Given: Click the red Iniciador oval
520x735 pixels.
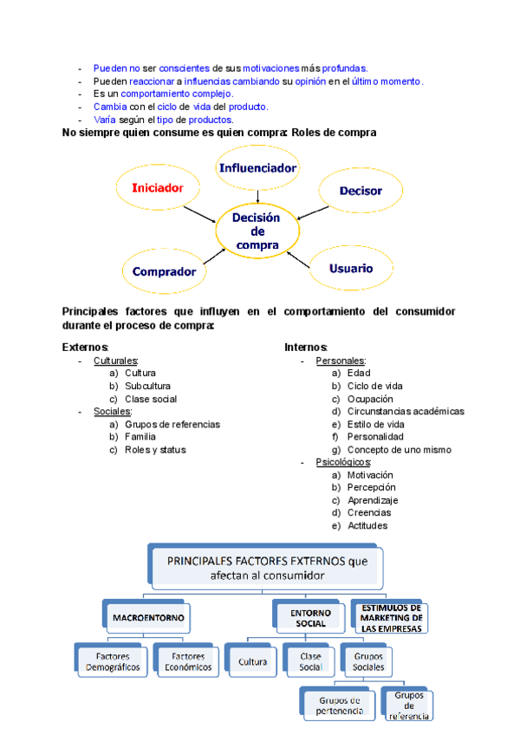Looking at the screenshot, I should coord(159,187).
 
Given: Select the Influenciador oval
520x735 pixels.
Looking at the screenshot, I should coord(257,168).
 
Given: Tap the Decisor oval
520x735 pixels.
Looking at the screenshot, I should coord(360,191).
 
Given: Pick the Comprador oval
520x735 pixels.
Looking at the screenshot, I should coord(165,271).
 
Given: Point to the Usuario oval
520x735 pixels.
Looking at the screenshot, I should coord(351,269).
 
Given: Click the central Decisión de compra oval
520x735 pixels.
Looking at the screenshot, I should coord(257,231).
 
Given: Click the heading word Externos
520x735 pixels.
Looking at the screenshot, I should coord(85,348).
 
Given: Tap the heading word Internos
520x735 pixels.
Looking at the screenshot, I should coord(305,348).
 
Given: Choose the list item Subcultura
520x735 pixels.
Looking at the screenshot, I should coord(147,386).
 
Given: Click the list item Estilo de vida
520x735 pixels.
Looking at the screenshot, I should coord(375,425).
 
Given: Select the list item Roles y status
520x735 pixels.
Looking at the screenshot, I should coord(155,450).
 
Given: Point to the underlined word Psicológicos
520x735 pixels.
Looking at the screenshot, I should coord(343,463).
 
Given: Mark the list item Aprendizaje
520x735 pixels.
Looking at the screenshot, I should coord(373,500).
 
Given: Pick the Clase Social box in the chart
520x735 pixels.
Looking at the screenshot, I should coord(309,662).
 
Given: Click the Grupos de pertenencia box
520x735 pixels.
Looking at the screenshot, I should coord(339,706).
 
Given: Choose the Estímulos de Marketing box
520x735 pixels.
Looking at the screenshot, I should coord(392,616).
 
